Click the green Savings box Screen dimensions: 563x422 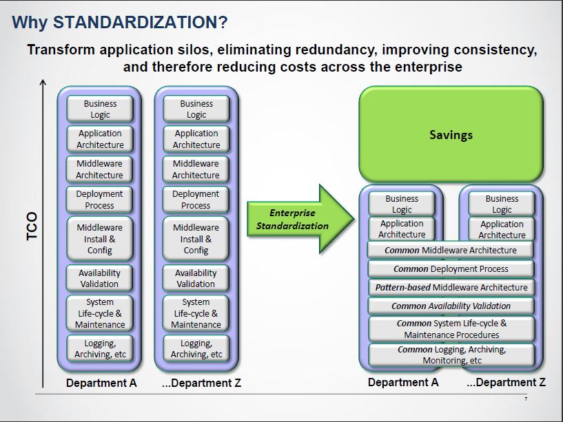[x=451, y=134]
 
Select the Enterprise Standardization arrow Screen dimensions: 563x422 [x=300, y=219]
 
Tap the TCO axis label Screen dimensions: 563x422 [x=32, y=226]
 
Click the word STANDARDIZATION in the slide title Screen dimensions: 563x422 [x=135, y=22]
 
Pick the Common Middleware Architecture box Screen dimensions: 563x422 [x=450, y=250]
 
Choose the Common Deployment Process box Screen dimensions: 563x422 [x=451, y=268]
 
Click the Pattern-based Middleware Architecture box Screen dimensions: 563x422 [x=451, y=288]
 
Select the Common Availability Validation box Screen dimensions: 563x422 [x=451, y=306]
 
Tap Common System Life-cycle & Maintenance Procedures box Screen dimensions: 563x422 [x=451, y=329]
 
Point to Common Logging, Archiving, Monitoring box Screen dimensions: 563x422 [x=451, y=355]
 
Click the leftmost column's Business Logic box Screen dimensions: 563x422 [x=100, y=109]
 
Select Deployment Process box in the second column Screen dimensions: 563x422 [x=196, y=200]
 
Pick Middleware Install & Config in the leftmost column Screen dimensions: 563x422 [x=100, y=239]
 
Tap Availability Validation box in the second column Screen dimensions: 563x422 [x=196, y=278]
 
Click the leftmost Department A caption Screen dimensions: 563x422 [x=101, y=383]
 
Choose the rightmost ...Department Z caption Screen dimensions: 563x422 [x=506, y=382]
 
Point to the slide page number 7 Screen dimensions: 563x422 [x=526, y=399]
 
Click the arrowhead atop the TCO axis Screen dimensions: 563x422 [x=43, y=83]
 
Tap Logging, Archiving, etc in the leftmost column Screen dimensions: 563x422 [x=100, y=348]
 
